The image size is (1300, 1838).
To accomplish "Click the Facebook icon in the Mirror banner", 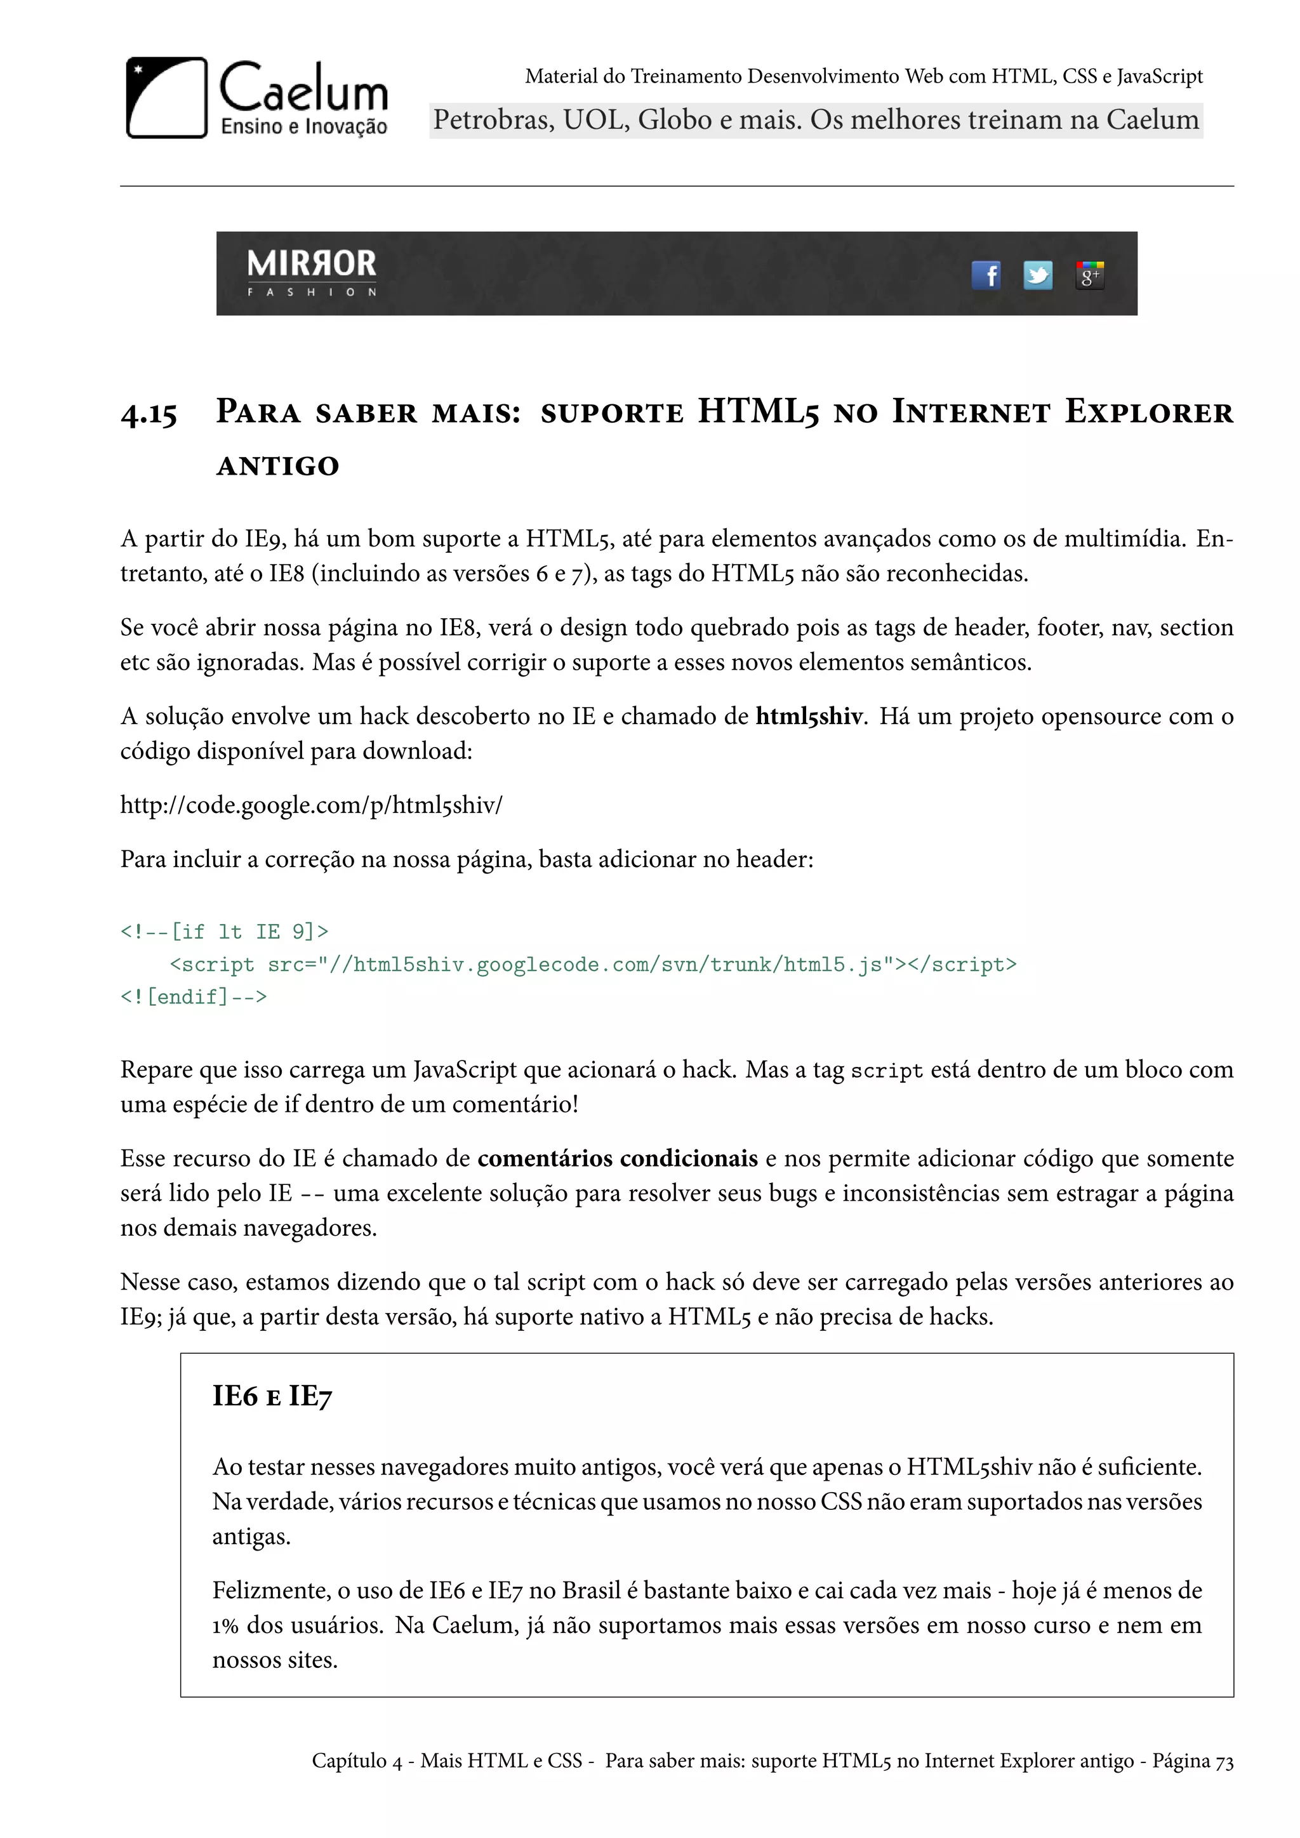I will click(x=986, y=275).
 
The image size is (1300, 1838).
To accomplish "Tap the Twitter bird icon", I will click(x=1038, y=275).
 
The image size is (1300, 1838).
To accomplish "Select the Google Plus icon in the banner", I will click(x=1089, y=275).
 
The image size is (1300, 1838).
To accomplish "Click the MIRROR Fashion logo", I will click(x=312, y=272).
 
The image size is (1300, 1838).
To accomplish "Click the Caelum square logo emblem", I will click(x=166, y=98).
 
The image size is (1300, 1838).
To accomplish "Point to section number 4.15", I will click(x=149, y=414).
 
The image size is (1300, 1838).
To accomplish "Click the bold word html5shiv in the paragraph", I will click(x=809, y=716).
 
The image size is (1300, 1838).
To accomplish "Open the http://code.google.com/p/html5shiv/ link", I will click(x=312, y=805).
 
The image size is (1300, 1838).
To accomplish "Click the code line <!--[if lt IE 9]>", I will click(x=224, y=932).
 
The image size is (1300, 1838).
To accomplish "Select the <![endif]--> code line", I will click(x=194, y=996).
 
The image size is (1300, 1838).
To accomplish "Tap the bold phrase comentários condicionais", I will click(x=617, y=1158).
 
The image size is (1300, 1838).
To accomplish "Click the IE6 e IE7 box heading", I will click(x=272, y=1396).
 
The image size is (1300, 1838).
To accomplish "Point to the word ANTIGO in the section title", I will click(x=279, y=466).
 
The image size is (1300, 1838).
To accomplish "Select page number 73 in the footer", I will click(x=1224, y=1761).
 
